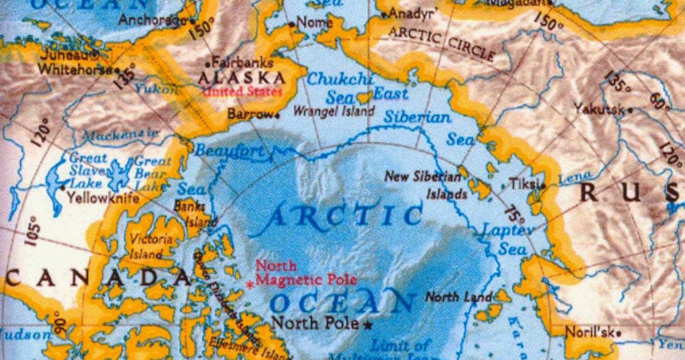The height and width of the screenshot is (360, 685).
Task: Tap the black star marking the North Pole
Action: coord(368,325)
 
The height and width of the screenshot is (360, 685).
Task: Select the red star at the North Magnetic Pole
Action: coord(251,284)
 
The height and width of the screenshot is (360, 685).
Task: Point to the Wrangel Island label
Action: coord(334,112)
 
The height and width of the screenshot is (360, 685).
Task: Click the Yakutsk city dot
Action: coord(630,110)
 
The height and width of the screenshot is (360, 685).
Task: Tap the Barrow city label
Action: coord(250,115)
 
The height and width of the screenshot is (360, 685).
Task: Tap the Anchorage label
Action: coord(150,21)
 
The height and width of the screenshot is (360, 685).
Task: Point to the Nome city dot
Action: coord(292,24)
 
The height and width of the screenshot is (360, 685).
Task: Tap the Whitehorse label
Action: coord(73,70)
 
